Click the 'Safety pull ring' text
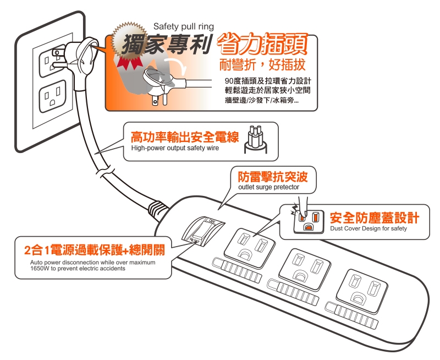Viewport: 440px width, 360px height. (x=184, y=26)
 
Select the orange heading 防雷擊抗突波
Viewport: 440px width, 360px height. (x=272, y=177)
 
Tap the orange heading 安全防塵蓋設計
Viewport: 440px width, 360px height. (x=374, y=217)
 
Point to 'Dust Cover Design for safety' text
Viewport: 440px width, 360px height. (x=369, y=228)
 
